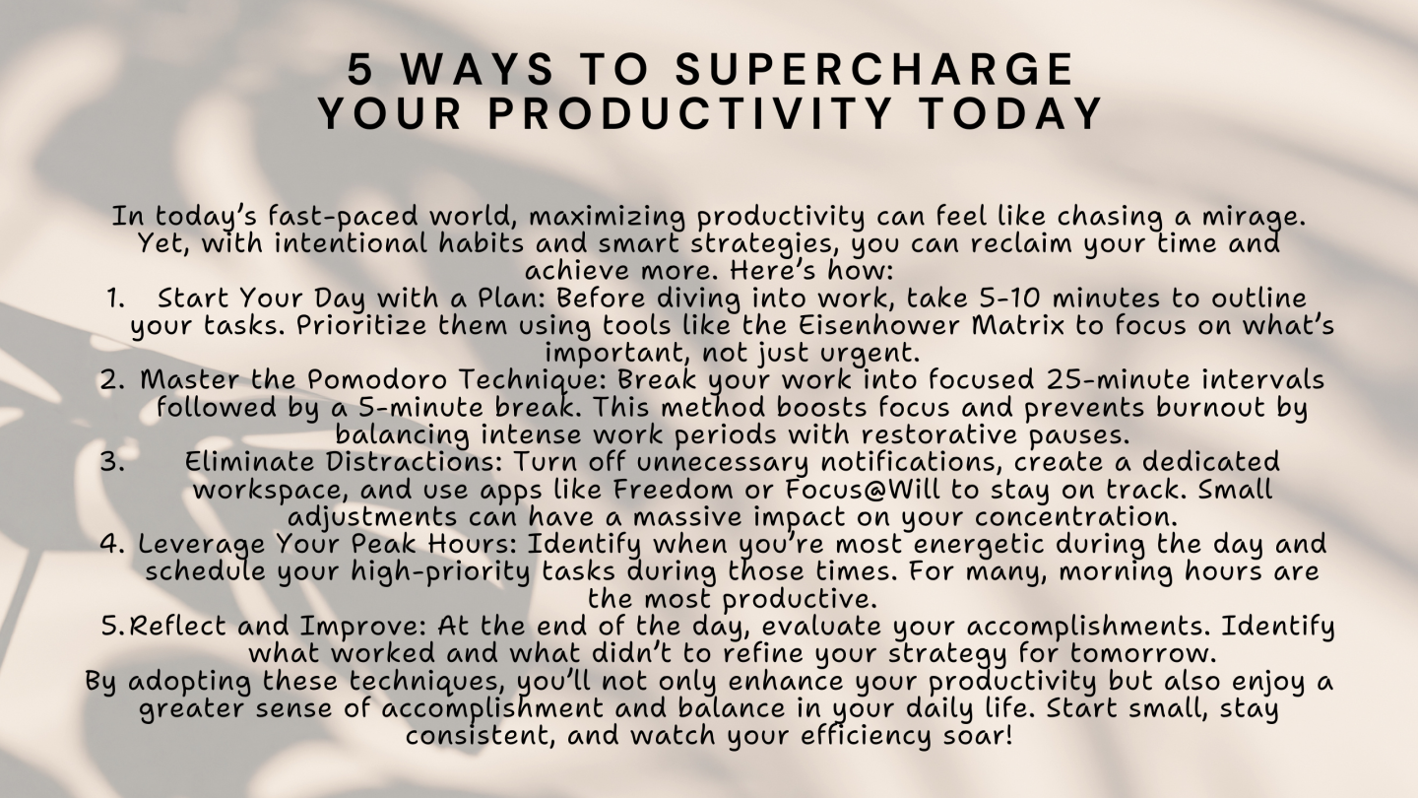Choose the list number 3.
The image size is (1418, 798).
click(112, 462)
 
